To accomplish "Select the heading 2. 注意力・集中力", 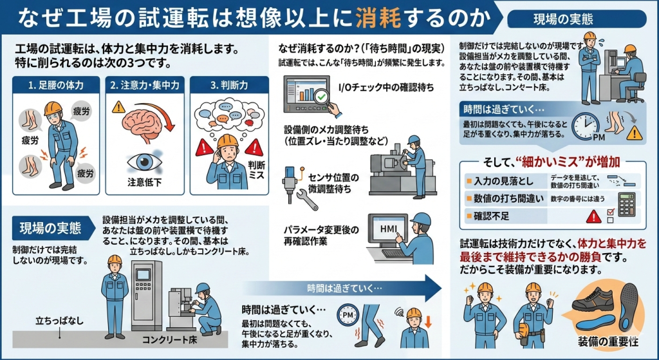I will click(x=144, y=84).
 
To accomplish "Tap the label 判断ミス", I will click(x=256, y=169).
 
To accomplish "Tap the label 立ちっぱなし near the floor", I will click(x=59, y=320).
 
